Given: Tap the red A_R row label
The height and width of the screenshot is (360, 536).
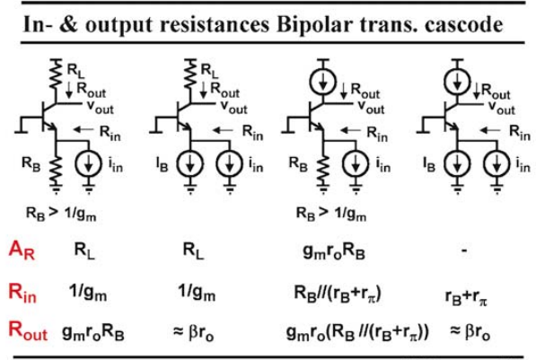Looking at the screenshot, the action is pos(22,250).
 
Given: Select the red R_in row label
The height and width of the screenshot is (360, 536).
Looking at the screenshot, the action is pos(22,293).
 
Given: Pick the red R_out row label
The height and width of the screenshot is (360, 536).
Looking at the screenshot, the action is pos(28,330).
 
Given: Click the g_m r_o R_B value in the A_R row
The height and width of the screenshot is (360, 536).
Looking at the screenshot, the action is pos(334,251).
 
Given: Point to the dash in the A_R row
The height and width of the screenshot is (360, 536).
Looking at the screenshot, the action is pos(464,250).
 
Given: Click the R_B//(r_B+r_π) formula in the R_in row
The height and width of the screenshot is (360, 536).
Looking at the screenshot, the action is pos(338,294).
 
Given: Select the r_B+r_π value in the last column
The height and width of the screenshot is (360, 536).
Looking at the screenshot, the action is pos(466,297).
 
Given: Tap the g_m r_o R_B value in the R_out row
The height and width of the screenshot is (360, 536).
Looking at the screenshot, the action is pos(93,332).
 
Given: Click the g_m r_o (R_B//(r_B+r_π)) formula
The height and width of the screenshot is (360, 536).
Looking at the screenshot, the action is pos(357,332).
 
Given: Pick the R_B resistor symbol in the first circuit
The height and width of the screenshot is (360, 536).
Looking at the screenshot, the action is pos(56,170).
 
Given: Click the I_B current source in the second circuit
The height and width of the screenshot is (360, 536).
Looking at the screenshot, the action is pos(190,164).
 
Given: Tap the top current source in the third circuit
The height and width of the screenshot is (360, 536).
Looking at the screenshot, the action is pos(322,82).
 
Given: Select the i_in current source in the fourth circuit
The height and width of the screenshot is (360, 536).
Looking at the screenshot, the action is pos(496,164).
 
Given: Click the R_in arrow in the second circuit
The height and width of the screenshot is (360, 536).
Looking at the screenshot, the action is pos(223,130).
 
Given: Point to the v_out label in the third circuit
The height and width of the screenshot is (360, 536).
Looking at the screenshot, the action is pos(371,106).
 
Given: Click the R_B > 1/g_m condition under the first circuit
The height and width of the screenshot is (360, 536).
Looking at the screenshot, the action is pos(61,214).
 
